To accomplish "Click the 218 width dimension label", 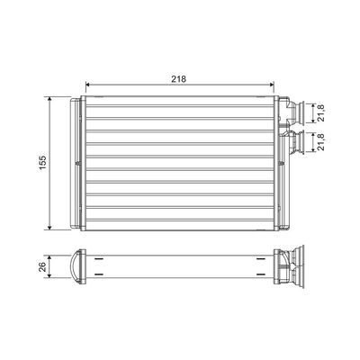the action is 179,79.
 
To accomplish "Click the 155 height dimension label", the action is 43,163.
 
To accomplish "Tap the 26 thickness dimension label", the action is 43,266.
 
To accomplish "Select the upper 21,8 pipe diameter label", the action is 321,113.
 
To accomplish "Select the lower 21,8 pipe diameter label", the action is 321,142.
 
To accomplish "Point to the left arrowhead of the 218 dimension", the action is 88,85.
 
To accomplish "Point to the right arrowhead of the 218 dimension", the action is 272,85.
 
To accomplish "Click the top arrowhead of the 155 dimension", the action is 49,99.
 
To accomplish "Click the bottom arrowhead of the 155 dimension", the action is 49,228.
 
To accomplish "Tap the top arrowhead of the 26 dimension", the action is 49,257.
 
